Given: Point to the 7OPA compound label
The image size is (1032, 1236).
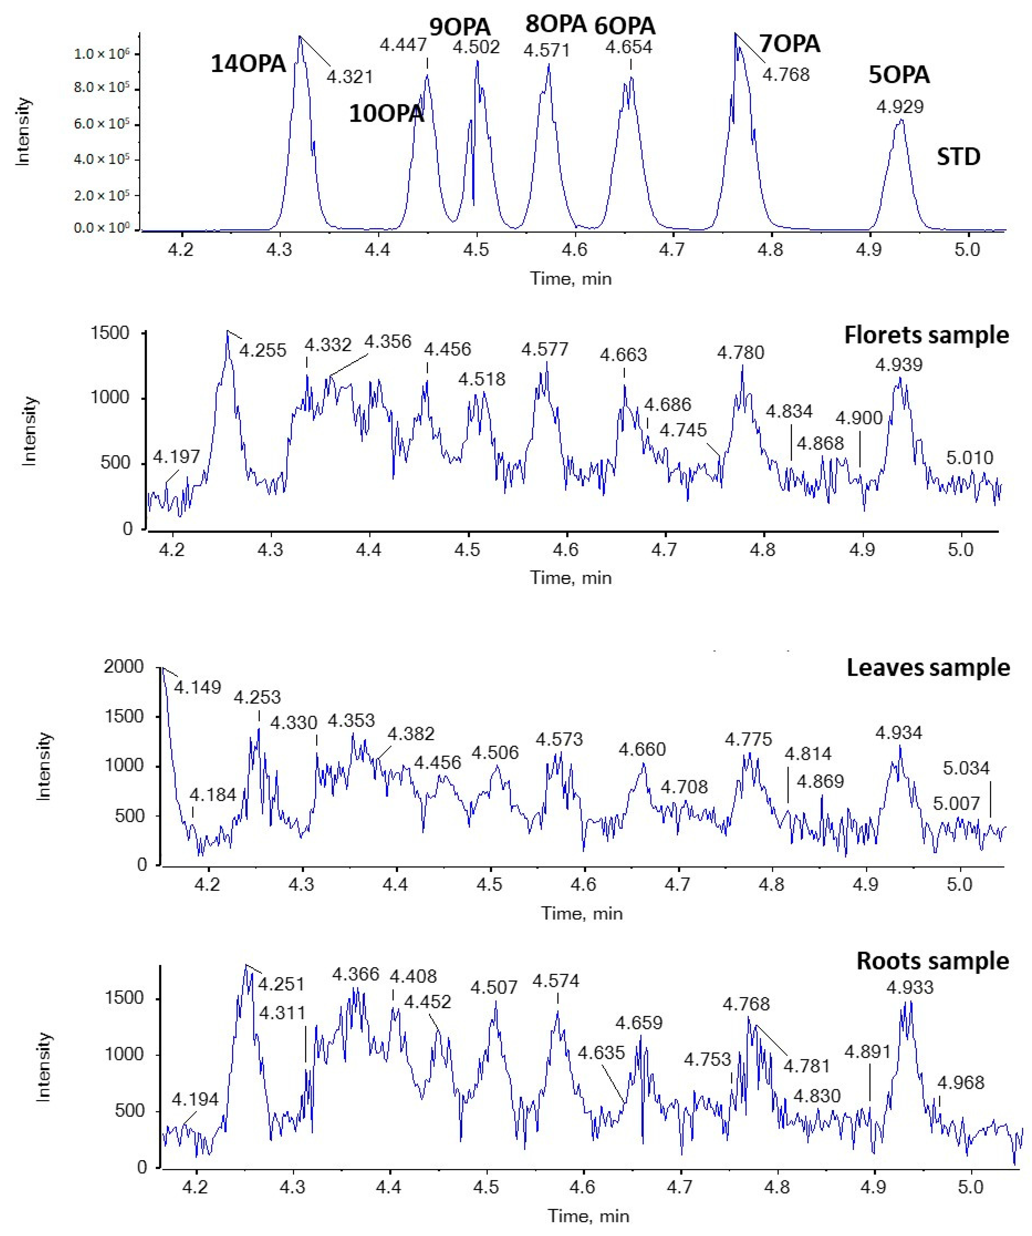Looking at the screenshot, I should tap(789, 44).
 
